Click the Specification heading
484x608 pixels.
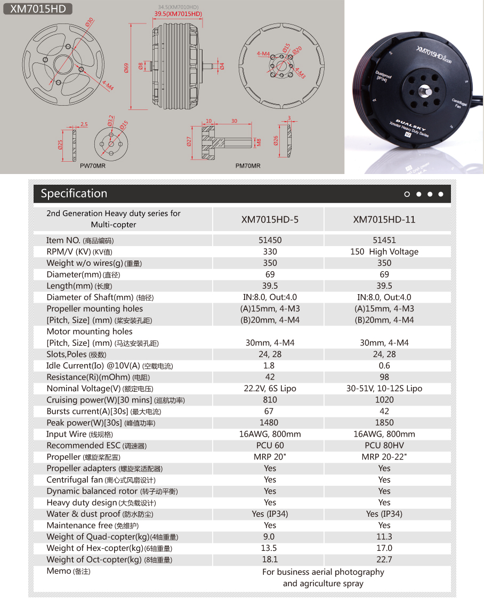(x=74, y=194)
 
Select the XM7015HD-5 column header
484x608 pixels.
(x=270, y=219)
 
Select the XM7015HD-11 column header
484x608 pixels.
(x=384, y=219)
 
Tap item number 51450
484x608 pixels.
(x=270, y=240)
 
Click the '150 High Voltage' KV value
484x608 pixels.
(x=384, y=252)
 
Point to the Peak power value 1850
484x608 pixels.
(x=384, y=423)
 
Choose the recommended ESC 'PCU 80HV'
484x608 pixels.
(x=384, y=445)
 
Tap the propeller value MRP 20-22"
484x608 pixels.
(x=384, y=457)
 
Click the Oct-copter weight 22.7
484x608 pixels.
(x=384, y=559)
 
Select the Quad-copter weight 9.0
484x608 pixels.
(x=269, y=536)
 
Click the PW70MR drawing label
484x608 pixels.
(x=92, y=166)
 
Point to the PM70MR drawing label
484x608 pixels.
(x=248, y=166)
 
